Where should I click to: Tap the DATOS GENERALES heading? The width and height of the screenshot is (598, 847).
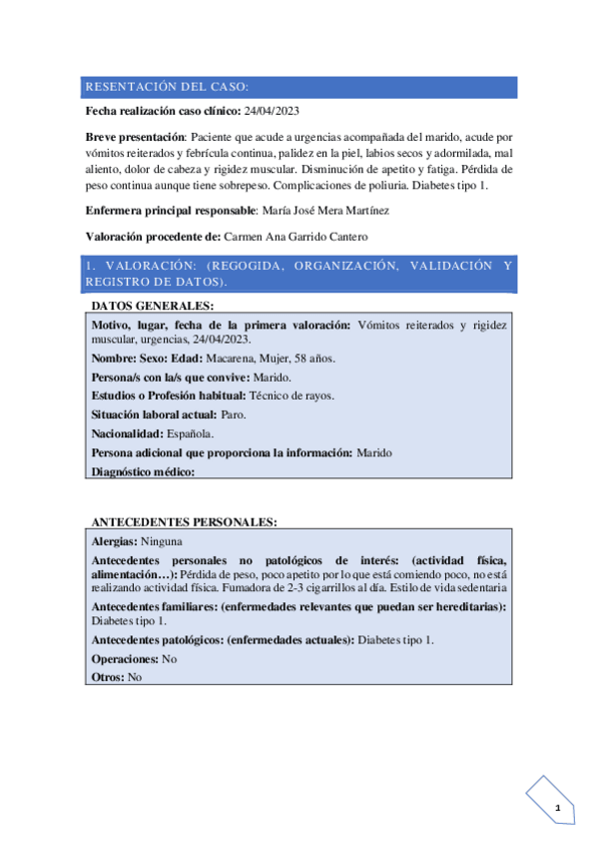tap(152, 306)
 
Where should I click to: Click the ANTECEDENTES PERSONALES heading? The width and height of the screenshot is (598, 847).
tap(184, 521)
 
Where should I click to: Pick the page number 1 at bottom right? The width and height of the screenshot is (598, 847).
tap(559, 807)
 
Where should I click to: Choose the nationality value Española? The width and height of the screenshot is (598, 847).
tap(196, 434)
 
